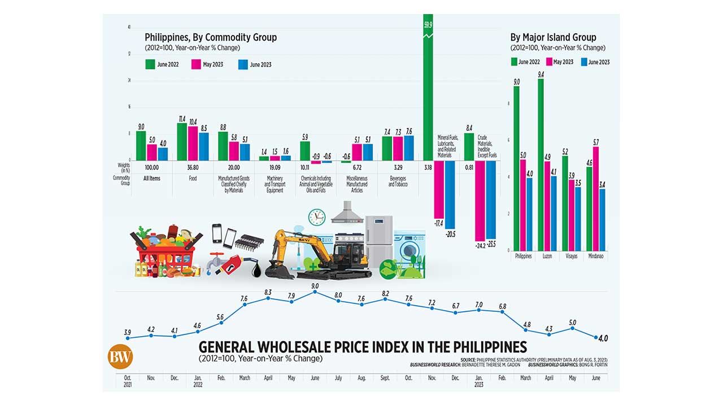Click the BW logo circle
120,356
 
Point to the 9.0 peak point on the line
315,292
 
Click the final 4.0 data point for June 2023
596,337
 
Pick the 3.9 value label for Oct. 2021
128,332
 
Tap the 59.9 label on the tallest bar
428,24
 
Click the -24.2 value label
480,246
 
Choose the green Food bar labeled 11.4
182,141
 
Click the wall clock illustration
317,217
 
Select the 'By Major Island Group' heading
552,37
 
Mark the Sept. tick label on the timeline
385,378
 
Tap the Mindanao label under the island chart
596,256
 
